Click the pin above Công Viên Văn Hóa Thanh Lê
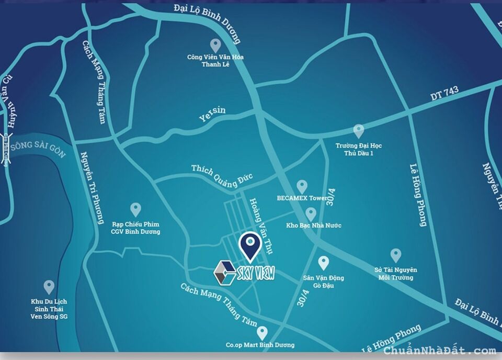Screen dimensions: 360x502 215,45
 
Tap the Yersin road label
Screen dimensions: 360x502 212,114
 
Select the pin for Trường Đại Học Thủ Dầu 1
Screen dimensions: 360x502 358,131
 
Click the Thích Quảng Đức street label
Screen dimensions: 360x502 222,176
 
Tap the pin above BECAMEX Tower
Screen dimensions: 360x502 302,186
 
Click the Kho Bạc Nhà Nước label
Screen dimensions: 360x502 314,226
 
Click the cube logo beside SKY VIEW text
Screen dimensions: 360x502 225,273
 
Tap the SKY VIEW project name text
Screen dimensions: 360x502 256,273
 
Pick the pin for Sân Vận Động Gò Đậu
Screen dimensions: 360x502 324,263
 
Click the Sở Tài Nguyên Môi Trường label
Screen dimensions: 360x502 396,274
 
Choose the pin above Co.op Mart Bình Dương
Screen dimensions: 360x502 262,332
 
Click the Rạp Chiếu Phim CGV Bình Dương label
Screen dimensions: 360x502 135,228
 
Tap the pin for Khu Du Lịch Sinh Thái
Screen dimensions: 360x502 49,287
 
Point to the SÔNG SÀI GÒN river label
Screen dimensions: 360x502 39,147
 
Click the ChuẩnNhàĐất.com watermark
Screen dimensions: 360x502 440,351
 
